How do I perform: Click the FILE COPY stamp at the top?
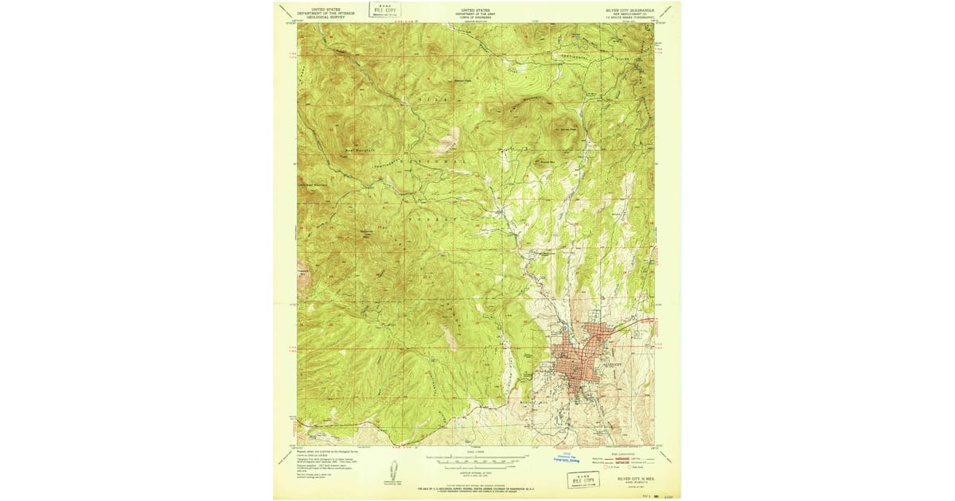(384, 10)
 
